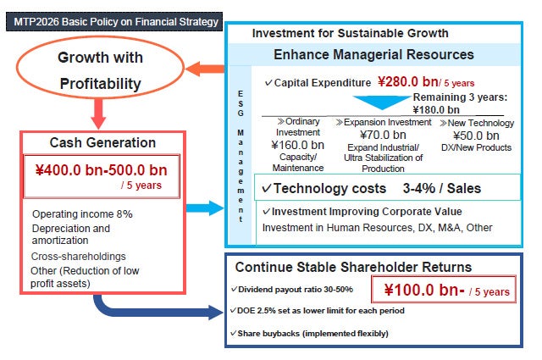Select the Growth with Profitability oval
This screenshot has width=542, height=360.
pos(100,71)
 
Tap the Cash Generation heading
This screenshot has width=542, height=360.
pos(102,143)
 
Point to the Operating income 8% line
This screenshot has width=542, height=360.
pos(81,213)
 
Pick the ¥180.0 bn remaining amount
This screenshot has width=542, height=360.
pos(436,109)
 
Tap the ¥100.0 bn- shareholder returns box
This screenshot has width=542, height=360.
pos(444,291)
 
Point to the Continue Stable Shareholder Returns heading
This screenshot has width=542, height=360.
pos(353,268)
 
